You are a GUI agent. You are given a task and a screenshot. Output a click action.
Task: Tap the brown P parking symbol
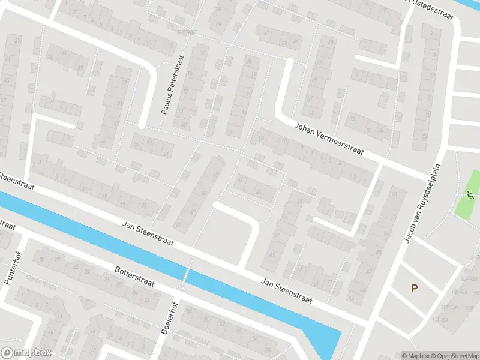[x=414, y=289]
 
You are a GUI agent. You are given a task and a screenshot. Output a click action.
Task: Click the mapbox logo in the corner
[x=27, y=353]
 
